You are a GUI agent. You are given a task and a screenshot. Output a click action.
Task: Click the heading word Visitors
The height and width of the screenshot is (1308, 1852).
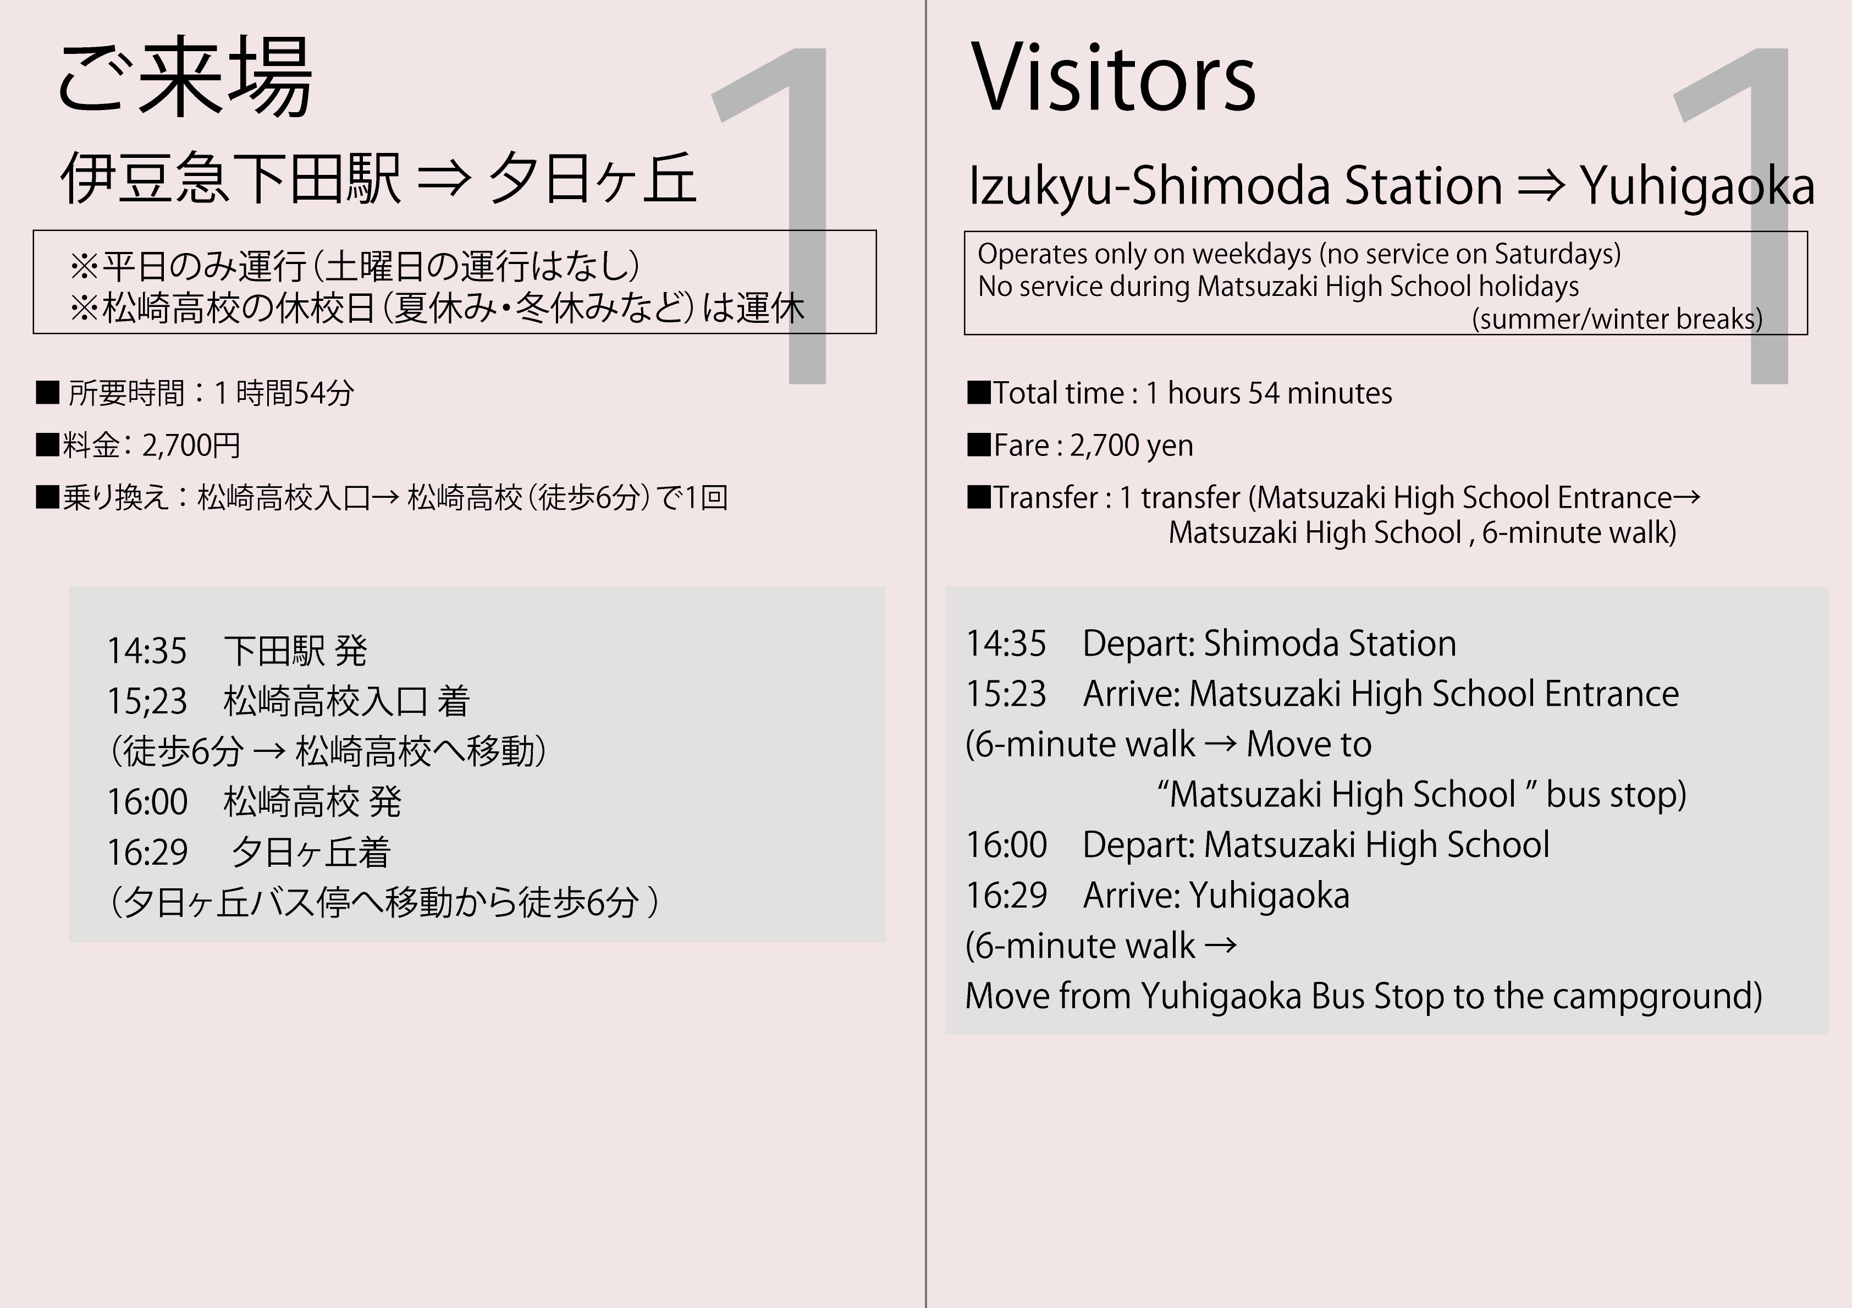click(x=1112, y=78)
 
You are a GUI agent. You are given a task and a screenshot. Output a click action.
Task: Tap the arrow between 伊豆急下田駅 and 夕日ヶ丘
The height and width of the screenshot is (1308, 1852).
click(x=444, y=179)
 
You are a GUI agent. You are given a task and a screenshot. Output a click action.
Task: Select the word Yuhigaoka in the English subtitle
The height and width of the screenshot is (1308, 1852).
click(x=1697, y=187)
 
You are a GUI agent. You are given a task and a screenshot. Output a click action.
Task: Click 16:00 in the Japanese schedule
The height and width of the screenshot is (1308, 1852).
click(x=147, y=802)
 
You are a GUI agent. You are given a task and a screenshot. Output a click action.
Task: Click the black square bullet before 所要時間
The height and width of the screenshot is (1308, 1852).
click(x=48, y=393)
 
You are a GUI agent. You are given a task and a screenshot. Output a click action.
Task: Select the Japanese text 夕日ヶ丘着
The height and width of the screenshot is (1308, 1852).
click(x=311, y=852)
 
